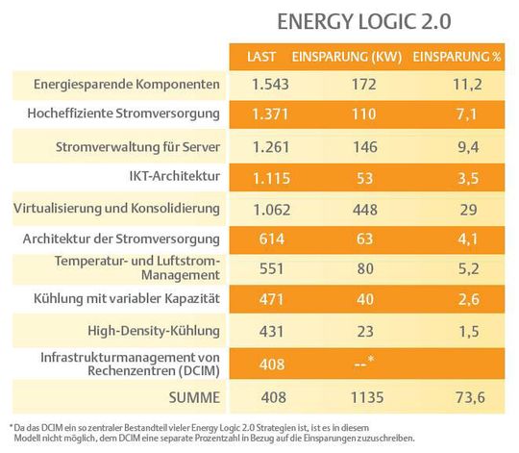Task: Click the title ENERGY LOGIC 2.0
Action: point(363,20)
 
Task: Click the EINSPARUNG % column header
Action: point(457,58)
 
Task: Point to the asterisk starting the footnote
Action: point(11,424)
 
